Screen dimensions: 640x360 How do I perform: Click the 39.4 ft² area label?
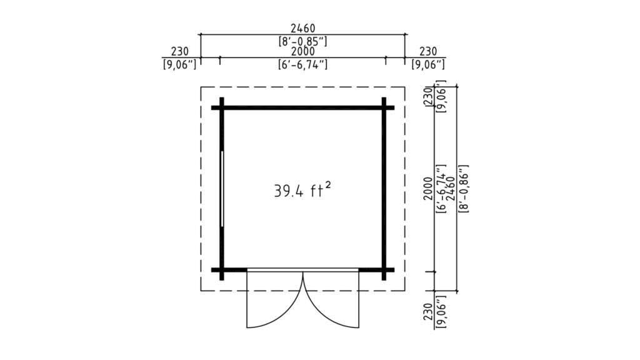pos(302,190)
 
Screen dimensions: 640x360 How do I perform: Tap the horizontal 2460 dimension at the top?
pos(303,28)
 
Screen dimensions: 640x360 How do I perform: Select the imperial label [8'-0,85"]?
pos(303,41)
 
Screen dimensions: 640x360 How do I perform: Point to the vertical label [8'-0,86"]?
pos(463,189)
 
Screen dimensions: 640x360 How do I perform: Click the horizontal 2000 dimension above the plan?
pos(303,51)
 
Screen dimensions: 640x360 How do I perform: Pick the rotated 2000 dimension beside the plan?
pos(427,189)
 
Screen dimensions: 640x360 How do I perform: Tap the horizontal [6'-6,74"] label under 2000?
pos(303,64)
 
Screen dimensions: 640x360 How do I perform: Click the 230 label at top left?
pos(179,51)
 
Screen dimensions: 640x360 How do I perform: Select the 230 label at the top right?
pos(427,51)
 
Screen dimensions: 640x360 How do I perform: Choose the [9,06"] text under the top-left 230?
pos(179,64)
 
